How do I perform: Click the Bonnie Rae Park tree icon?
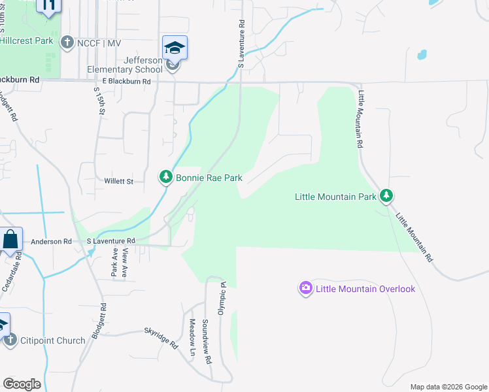(166, 177)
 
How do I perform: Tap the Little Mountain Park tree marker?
(387, 195)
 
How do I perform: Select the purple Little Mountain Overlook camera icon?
(305, 288)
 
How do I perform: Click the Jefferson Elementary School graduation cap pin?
(175, 49)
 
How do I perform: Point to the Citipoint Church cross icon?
(10, 340)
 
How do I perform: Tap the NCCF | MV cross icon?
(66, 43)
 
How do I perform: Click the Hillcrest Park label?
(26, 41)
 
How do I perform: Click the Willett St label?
(118, 181)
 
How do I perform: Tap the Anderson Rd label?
(51, 241)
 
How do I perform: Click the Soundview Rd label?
(207, 341)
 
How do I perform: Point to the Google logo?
(22, 384)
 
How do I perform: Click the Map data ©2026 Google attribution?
(448, 387)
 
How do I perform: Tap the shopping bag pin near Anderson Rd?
(11, 240)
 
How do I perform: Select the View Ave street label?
(124, 266)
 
